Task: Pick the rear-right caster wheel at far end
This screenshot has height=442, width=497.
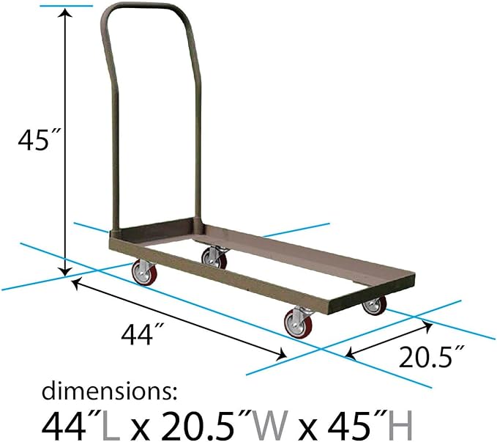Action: click(374, 304)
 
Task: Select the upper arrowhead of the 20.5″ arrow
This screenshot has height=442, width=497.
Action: click(426, 321)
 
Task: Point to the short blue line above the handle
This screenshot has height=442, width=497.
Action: click(67, 6)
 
